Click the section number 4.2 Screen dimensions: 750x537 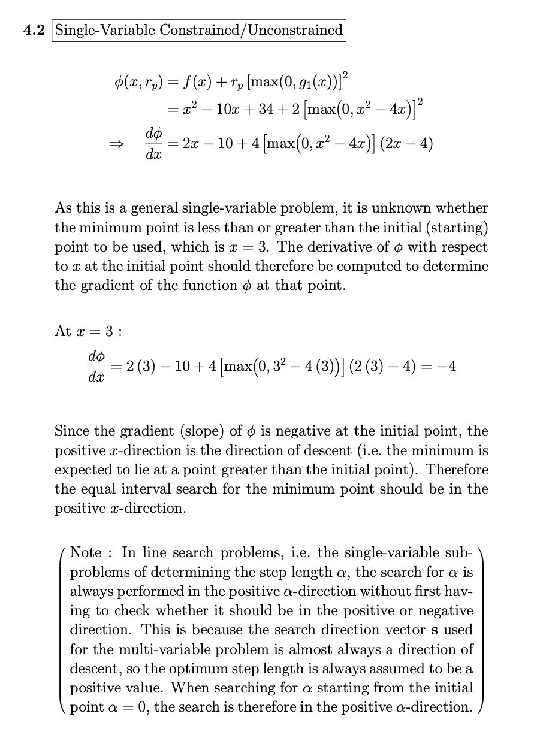tap(35, 29)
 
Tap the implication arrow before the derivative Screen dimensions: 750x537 tap(123, 144)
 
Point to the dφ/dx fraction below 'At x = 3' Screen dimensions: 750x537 tap(96, 367)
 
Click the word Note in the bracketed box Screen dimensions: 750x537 tap(86, 553)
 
